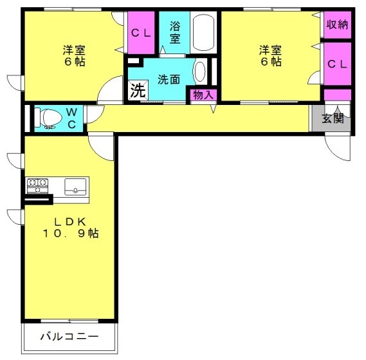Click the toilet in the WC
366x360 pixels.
50,118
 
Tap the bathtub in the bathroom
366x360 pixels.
203,32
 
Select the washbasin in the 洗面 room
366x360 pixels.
200,71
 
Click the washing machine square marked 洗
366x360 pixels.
138,90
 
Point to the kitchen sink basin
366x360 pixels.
75,187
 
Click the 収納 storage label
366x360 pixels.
337,24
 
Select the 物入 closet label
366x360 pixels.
203,95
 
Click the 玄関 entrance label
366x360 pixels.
333,118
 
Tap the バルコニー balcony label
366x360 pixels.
69,337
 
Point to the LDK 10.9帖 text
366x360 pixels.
70,227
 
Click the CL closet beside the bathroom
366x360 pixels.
141,33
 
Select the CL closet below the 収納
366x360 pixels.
338,64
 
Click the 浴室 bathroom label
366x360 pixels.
175,32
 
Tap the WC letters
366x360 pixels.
71,118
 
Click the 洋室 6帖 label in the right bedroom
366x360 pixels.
271,55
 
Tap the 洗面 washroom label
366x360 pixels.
169,80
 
